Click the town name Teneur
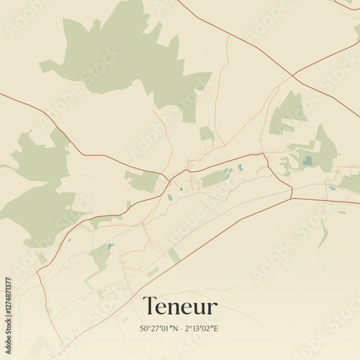tap(180, 306)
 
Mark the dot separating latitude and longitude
tap(181, 328)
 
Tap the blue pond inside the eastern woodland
tap(307, 161)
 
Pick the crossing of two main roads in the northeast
tap(293, 75)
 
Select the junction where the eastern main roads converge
tap(292, 192)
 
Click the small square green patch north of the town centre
tap(207, 134)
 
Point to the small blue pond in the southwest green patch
tap(110, 246)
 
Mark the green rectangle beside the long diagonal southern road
tap(174, 256)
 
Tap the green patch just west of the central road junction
tap(142, 180)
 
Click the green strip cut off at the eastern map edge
tap(351, 183)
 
